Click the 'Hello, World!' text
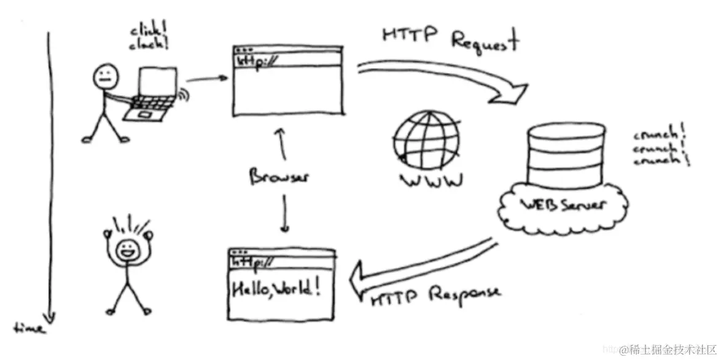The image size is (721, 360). point(275,288)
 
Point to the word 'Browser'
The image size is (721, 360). point(279,178)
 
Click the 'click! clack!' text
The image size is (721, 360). point(150,37)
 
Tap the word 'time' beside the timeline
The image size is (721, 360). point(29,327)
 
